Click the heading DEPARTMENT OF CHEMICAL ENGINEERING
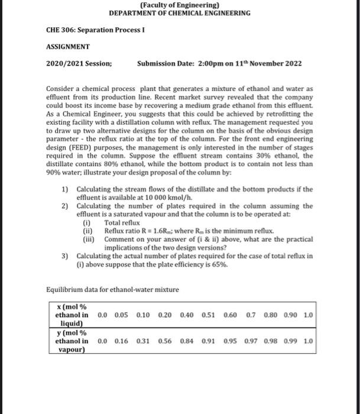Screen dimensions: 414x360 tap(180, 13)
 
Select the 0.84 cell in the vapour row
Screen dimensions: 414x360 tap(187, 341)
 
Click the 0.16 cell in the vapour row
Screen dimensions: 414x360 tap(122, 341)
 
